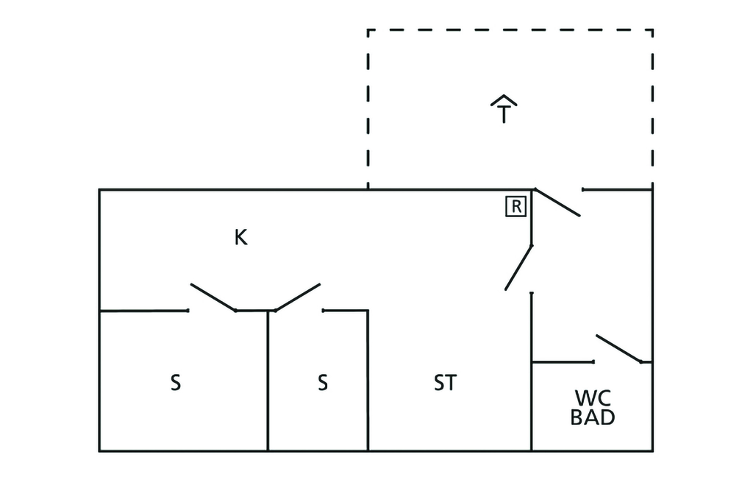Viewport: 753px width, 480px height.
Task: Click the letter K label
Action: (x=240, y=237)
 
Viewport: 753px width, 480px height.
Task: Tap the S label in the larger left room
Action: (x=175, y=384)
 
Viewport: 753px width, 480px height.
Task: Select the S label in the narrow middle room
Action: (x=322, y=384)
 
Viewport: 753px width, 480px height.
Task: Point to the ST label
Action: (x=445, y=384)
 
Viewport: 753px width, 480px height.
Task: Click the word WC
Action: (x=592, y=398)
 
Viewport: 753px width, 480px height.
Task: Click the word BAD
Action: (x=593, y=417)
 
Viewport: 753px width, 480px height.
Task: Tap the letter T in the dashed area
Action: (x=504, y=116)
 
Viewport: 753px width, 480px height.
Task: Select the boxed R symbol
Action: (x=516, y=207)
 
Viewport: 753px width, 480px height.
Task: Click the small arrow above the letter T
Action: (x=504, y=100)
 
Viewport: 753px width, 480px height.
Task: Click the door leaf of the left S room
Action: (x=213, y=297)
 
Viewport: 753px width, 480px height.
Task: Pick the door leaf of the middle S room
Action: (x=297, y=297)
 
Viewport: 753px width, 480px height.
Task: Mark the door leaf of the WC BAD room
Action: (x=618, y=349)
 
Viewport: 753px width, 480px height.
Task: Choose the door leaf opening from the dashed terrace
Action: (x=557, y=202)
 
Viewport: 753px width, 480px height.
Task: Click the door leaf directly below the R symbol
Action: (x=518, y=267)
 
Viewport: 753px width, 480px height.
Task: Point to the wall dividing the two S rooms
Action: (x=268, y=383)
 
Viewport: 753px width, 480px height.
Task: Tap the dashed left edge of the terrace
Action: (x=368, y=110)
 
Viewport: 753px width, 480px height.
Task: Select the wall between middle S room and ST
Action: (x=368, y=383)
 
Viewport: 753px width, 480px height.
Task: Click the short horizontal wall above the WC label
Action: (x=563, y=362)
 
